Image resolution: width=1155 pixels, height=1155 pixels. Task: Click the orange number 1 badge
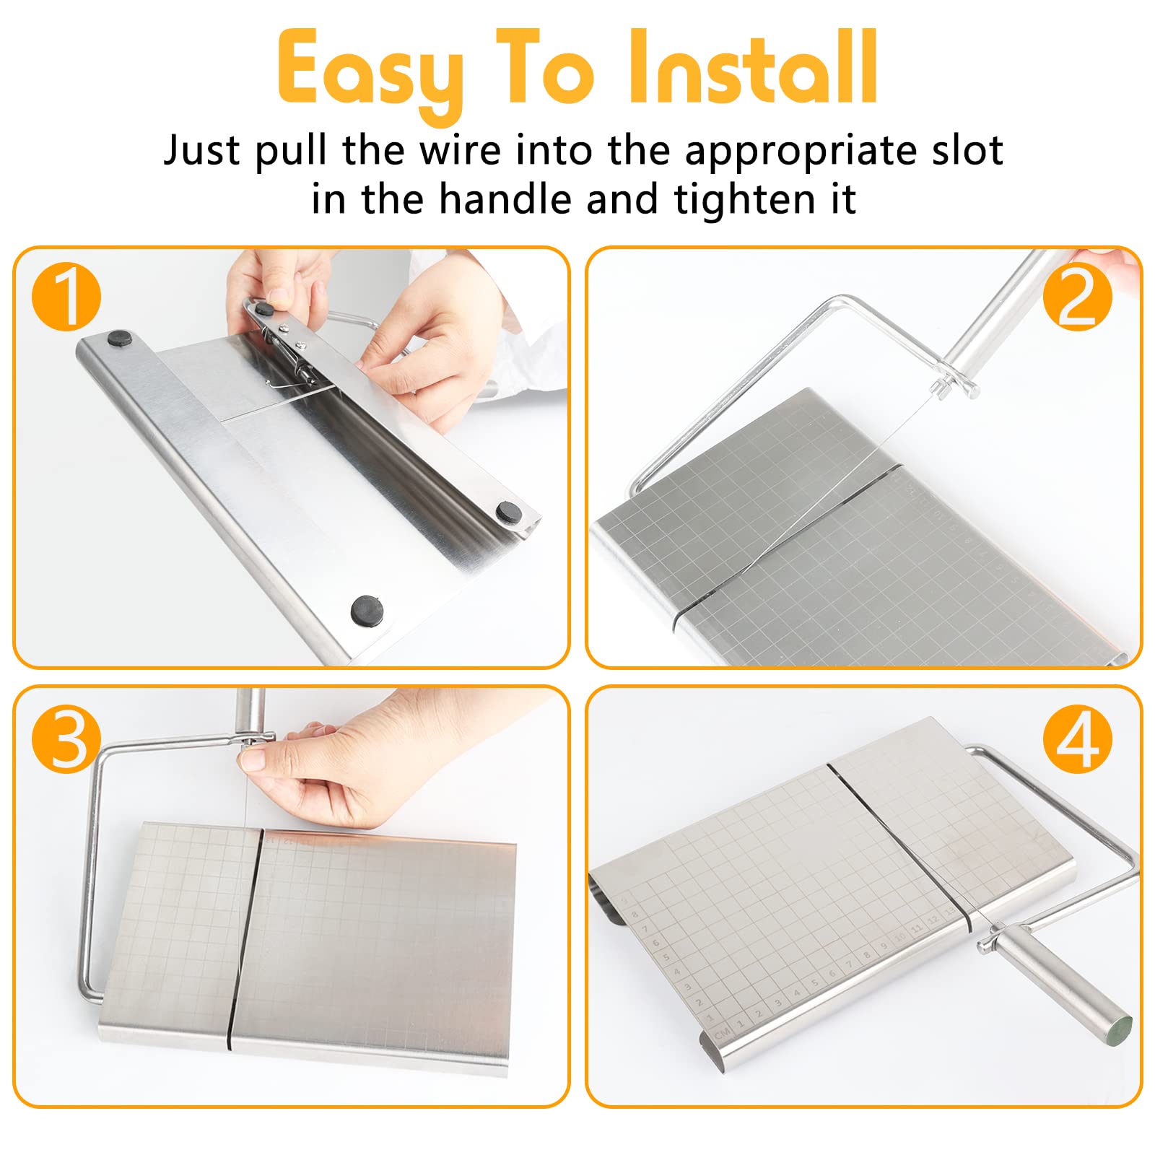[66, 297]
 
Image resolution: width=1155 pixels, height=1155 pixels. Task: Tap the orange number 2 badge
[1078, 297]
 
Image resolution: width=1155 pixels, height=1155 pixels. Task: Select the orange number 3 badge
[66, 739]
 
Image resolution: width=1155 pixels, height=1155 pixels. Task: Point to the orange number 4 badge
[1078, 739]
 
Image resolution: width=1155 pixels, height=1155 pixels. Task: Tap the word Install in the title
[754, 69]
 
